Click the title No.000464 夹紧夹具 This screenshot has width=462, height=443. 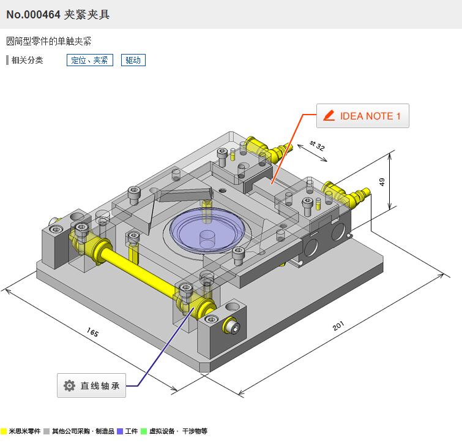click(58, 15)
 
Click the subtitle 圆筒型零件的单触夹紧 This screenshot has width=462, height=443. click(49, 42)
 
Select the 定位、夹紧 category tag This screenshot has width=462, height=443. click(89, 60)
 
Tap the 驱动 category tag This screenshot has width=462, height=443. click(133, 60)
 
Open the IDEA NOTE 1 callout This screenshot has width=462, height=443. click(362, 116)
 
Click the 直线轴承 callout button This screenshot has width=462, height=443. click(92, 386)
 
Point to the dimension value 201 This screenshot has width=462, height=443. click(338, 326)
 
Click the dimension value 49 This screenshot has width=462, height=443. click(382, 182)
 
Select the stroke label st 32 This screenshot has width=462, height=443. click(317, 145)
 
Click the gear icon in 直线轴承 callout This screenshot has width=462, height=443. click(70, 386)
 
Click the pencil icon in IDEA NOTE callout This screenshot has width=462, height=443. click(329, 116)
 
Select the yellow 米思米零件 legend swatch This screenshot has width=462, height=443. click(4, 431)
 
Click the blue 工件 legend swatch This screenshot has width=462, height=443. click(120, 431)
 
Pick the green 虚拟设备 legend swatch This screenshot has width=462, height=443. click(144, 431)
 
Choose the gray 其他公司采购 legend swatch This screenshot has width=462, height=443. click(47, 431)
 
